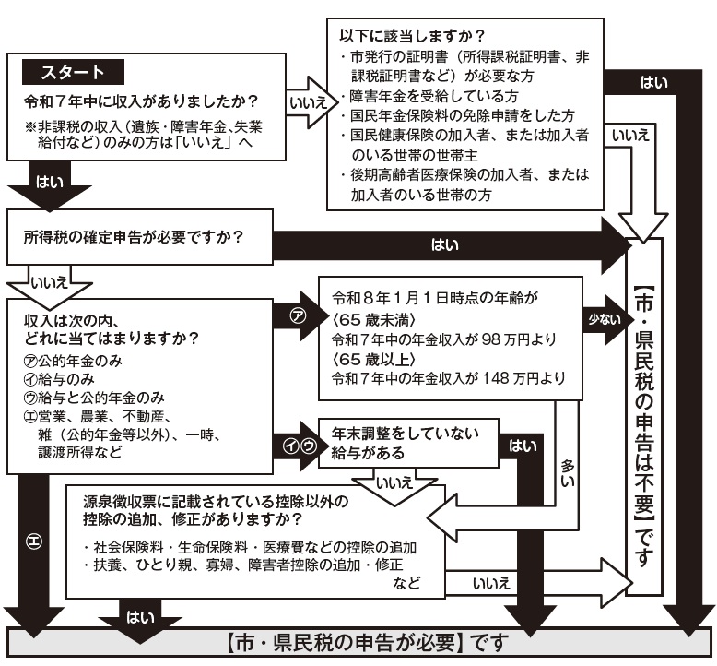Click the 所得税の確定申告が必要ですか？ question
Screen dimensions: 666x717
(133, 237)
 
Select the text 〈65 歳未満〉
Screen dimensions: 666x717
(370, 319)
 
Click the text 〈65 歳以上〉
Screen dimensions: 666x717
(370, 360)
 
